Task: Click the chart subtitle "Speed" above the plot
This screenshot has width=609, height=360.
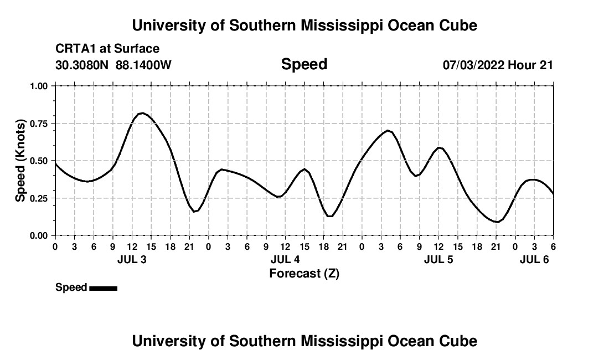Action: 304,64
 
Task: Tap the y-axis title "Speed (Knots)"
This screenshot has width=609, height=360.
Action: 20,160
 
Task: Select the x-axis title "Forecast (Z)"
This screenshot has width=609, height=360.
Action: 304,273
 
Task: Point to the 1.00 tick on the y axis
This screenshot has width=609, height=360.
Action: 40,86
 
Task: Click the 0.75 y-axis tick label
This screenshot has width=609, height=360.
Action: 40,124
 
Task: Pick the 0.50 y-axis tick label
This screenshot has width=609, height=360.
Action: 40,161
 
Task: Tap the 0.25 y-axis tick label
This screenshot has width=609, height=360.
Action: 40,198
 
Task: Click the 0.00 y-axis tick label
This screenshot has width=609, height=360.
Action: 40,235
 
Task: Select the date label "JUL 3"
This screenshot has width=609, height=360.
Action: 132,259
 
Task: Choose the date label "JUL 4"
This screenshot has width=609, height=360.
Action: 285,259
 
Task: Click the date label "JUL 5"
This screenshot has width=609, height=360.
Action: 438,259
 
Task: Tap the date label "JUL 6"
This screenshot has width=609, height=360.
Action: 534,259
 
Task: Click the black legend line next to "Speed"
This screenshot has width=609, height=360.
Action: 103,288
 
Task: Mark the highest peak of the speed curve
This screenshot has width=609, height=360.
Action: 142,113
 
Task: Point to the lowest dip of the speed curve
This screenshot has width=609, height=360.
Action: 498,222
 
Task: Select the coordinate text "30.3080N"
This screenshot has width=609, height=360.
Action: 83,65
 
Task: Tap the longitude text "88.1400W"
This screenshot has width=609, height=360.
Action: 143,65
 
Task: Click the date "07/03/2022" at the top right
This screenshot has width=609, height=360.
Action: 473,65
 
